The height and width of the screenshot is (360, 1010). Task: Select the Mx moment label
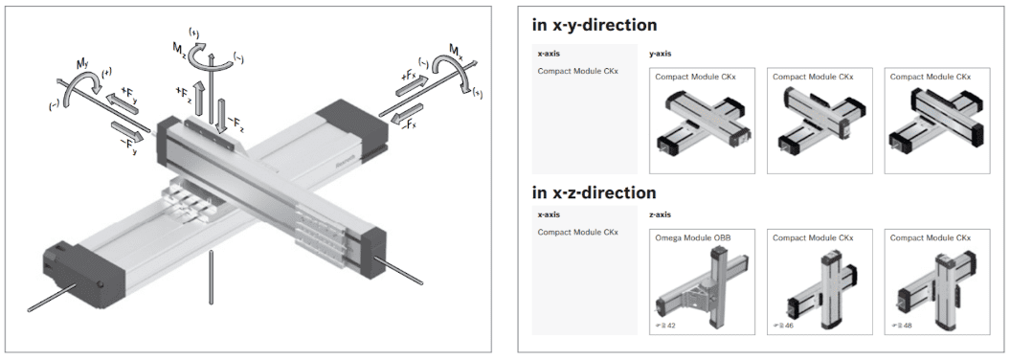tap(456, 50)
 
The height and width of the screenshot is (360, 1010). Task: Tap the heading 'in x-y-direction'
tap(594, 25)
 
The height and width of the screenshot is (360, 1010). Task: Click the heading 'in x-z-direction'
tap(594, 192)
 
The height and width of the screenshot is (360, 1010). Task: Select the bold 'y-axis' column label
tap(661, 55)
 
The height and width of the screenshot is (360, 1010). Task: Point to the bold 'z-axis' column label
tap(661, 215)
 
